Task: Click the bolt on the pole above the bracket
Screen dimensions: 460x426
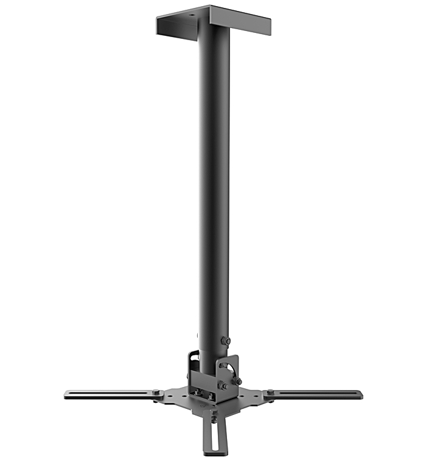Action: [227, 341]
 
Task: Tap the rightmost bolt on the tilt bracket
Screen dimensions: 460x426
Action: [238, 382]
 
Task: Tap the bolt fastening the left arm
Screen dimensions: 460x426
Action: [157, 393]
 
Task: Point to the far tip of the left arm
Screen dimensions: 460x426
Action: [66, 394]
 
